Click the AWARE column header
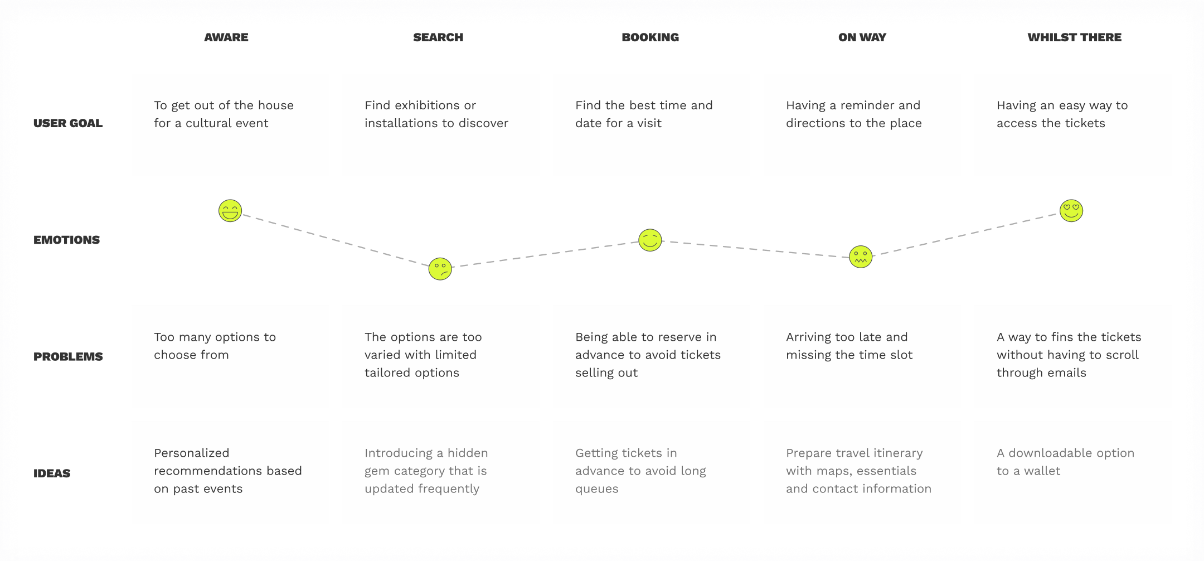click(x=226, y=37)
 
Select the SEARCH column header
click(x=438, y=37)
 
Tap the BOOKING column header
click(x=650, y=37)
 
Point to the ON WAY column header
click(x=862, y=37)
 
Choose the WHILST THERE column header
click(x=1075, y=37)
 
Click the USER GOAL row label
click(x=68, y=123)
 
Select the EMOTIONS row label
click(x=66, y=240)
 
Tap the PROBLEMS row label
click(x=68, y=356)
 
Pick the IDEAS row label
click(x=52, y=473)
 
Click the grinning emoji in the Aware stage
click(x=230, y=211)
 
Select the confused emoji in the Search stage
click(x=440, y=269)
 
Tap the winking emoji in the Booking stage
click(x=650, y=240)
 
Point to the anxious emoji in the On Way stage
click(x=861, y=257)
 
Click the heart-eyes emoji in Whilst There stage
click(x=1071, y=211)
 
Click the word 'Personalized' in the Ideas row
click(x=192, y=453)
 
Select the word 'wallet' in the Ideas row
click(x=1042, y=471)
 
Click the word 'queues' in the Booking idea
click(x=597, y=489)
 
